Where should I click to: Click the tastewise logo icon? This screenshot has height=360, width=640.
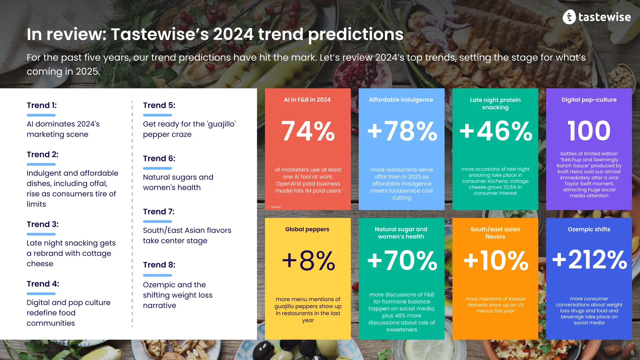569,17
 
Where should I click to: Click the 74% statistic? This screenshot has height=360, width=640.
308,131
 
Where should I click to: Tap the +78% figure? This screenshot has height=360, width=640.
402,131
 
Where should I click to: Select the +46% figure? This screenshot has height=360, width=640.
496,131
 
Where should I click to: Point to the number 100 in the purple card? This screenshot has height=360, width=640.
589,131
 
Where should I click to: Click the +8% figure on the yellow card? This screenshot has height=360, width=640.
308,261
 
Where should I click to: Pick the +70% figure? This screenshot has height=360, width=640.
402,261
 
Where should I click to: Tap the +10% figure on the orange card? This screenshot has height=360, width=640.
496,261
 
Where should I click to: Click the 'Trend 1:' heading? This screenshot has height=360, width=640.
42,105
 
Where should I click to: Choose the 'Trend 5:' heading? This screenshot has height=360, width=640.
159,105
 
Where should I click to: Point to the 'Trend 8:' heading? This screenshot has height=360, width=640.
159,265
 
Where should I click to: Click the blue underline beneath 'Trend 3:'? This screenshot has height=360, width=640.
41,234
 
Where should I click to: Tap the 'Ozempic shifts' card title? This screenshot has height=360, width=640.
589,229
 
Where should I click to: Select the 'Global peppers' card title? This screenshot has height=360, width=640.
307,229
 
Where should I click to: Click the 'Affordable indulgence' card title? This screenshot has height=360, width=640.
401,100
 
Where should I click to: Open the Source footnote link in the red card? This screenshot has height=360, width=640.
276,207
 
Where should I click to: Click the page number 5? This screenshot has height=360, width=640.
632,353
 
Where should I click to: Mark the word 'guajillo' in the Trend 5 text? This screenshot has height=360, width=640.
221,124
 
